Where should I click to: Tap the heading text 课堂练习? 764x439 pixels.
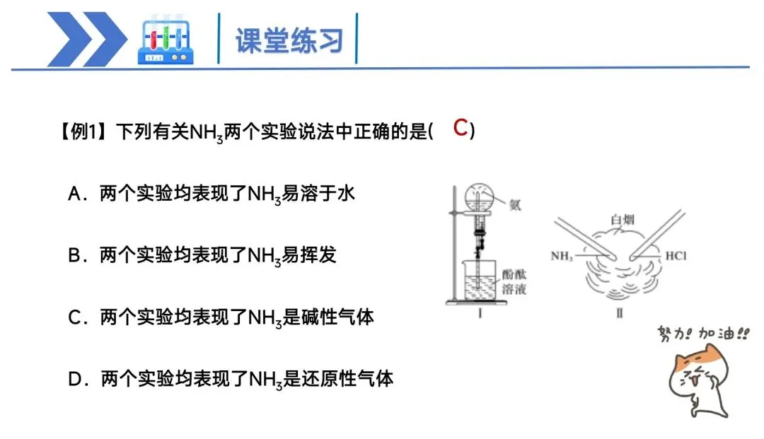(289, 40)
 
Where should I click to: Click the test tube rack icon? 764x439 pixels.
(166, 40)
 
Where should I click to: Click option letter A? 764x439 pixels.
(76, 194)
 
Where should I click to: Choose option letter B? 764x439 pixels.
(76, 255)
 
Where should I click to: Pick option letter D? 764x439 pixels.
(76, 379)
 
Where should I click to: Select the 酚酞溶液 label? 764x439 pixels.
(515, 281)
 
